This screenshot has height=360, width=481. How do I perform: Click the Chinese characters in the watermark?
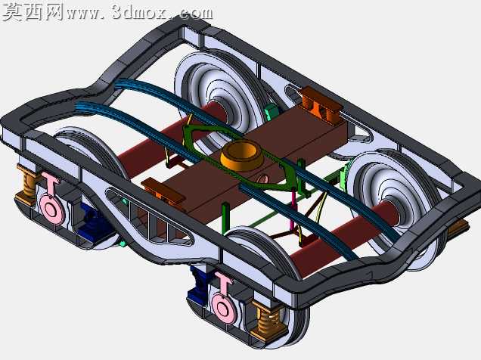[33, 12]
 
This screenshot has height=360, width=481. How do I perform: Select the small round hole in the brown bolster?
[262, 178]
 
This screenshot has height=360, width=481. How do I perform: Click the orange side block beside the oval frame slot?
[321, 105]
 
